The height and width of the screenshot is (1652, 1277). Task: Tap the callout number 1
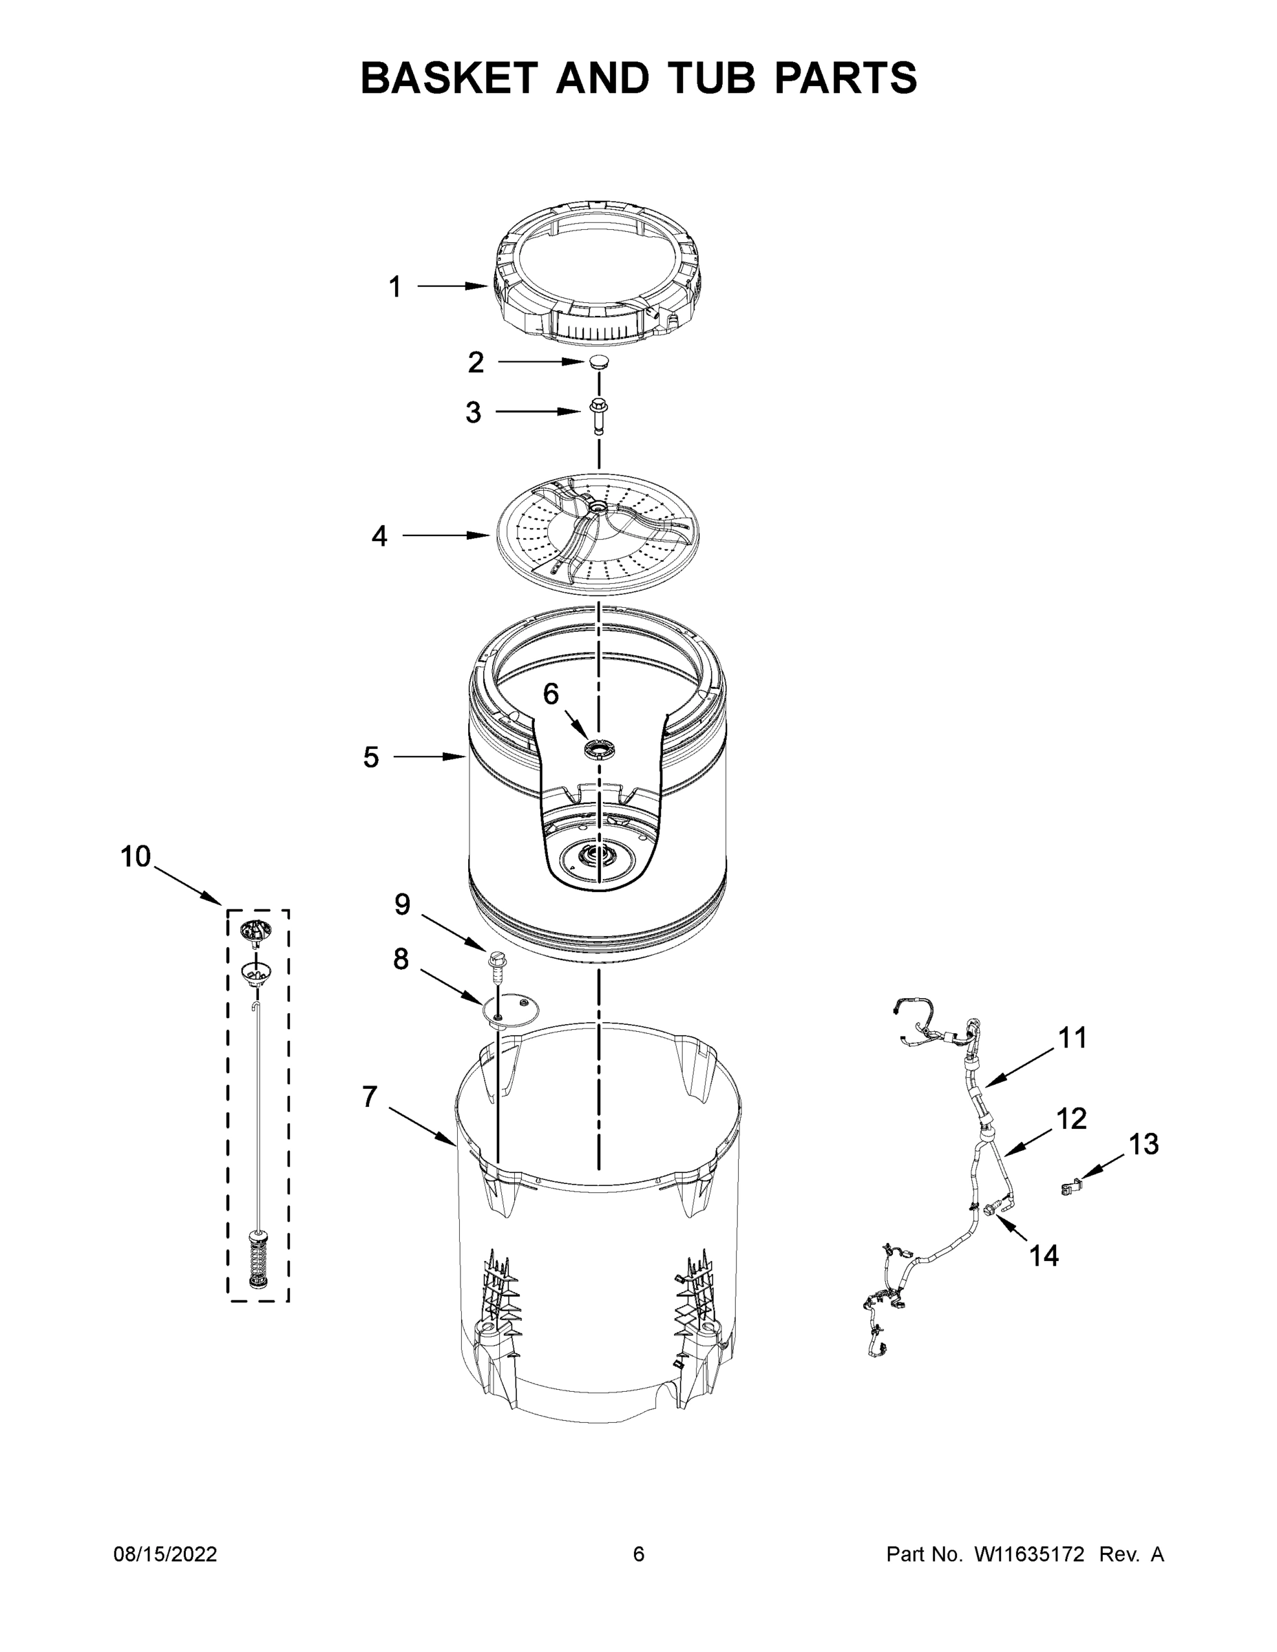[x=395, y=288]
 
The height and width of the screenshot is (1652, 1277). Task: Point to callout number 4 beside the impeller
[x=379, y=536]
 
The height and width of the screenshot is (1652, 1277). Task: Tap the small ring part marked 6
[x=598, y=749]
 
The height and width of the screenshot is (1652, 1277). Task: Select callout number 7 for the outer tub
[x=369, y=1096]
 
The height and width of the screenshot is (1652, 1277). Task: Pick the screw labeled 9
[x=498, y=963]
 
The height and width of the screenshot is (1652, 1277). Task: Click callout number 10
[x=136, y=857]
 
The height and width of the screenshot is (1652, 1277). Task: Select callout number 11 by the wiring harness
[x=1072, y=1038]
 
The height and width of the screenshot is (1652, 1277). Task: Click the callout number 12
[x=1071, y=1119]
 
